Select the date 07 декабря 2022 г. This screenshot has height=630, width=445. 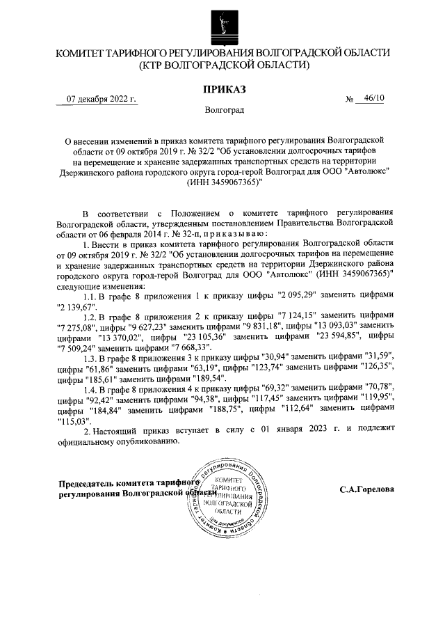point(101,99)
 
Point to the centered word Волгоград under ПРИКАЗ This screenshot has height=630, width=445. point(224,111)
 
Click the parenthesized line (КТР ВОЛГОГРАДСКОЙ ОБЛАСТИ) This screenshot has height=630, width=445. point(223,66)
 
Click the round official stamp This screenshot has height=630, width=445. point(228,496)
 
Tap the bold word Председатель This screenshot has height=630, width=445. point(90,483)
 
